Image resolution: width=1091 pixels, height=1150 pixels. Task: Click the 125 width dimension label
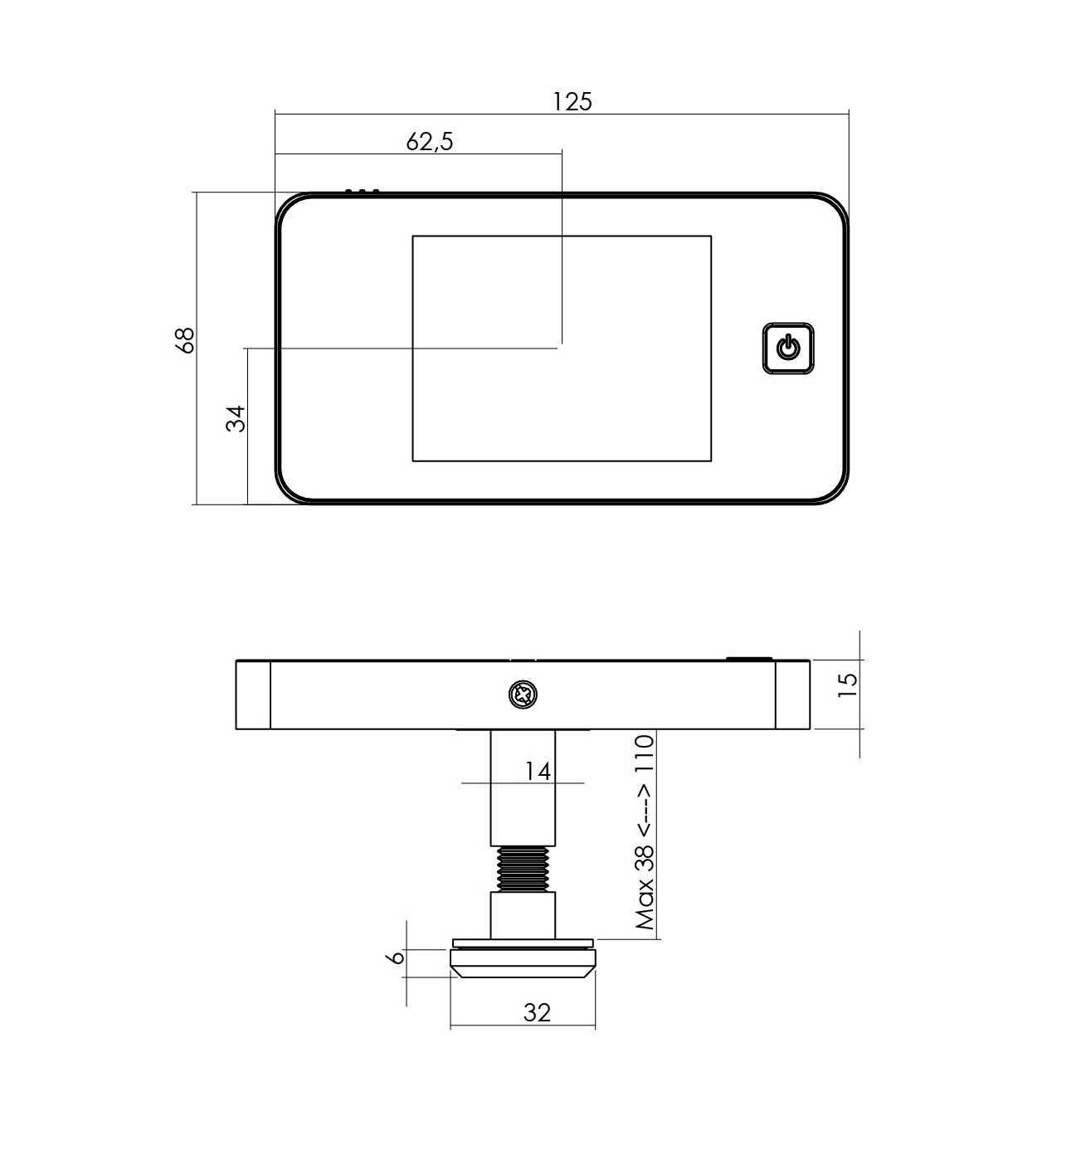coord(572,101)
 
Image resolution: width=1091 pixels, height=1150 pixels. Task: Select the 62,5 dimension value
coord(430,142)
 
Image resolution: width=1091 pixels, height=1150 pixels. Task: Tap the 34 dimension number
coord(236,418)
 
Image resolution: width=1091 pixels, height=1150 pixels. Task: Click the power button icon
coord(787,348)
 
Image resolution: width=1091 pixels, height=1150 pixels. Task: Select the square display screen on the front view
coord(562,348)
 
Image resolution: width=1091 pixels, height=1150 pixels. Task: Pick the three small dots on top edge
coord(362,192)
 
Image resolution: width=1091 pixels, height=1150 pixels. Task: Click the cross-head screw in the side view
coord(524,694)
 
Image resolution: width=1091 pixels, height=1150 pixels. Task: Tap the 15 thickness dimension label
coord(847,685)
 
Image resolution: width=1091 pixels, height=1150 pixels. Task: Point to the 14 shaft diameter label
coord(538,771)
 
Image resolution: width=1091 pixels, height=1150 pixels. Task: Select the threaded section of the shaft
coord(523,869)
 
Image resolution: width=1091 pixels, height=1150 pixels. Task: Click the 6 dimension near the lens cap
coord(397,957)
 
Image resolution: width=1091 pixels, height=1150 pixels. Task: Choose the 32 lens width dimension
coord(537,1012)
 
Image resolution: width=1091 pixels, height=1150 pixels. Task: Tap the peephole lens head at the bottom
coord(523,962)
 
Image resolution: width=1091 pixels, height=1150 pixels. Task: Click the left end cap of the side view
coord(253,694)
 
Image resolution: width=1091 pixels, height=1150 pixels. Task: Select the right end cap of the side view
coord(793,694)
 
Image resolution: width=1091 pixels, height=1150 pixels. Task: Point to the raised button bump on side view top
coord(749,659)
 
